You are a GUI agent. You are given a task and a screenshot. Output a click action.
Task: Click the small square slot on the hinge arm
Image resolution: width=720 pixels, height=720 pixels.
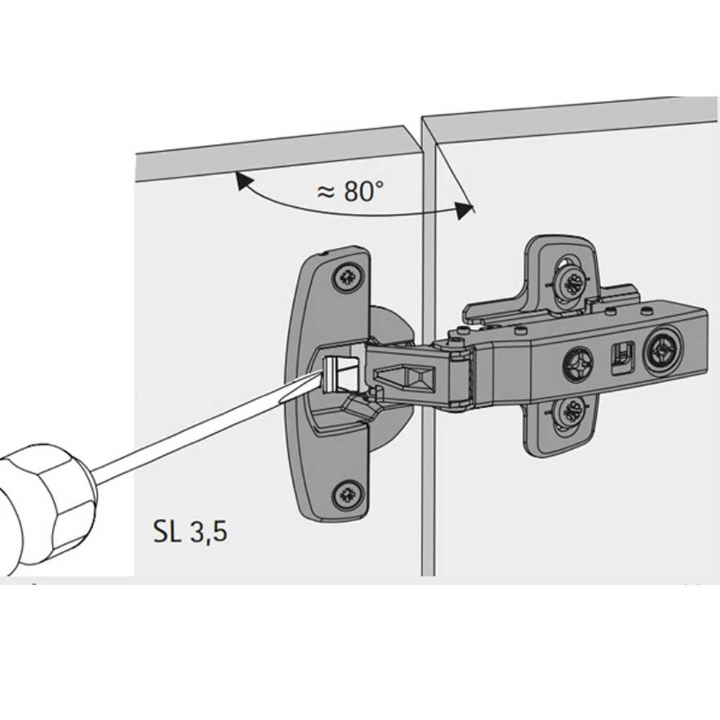coord(621,356)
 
